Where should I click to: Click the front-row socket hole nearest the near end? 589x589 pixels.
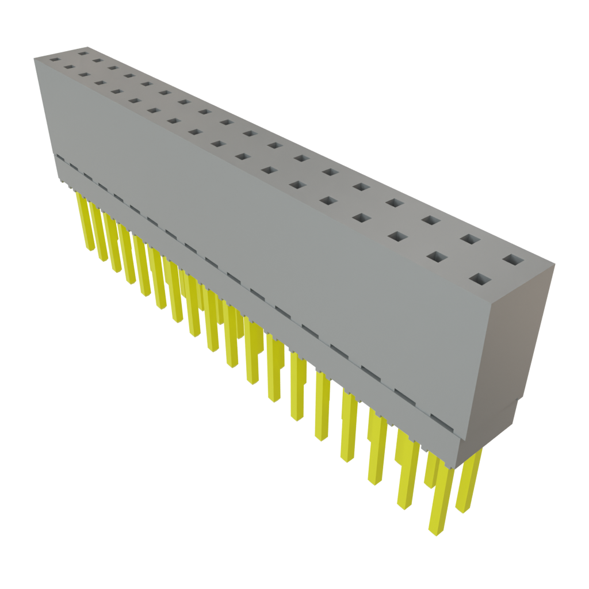[481, 280]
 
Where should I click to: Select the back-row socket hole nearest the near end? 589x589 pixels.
[514, 260]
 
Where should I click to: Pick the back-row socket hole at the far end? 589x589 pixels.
[83, 53]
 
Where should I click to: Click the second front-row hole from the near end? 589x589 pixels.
[437, 257]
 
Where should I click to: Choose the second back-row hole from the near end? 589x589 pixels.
[470, 239]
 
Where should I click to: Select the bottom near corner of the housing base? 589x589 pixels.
[458, 467]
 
